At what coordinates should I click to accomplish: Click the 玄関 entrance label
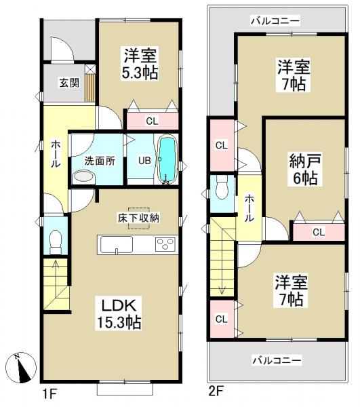click(68, 83)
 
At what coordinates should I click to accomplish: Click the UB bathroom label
click(144, 161)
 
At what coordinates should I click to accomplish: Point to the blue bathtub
click(167, 160)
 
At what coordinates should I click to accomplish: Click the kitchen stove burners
click(165, 245)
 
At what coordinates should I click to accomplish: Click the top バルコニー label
click(275, 21)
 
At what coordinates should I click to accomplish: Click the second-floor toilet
click(222, 191)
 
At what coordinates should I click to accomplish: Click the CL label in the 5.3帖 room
click(153, 121)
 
